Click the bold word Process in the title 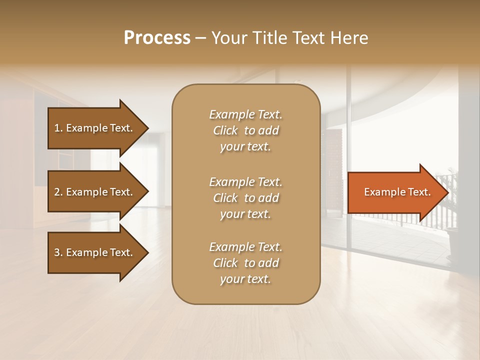click(x=157, y=38)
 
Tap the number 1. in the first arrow click(x=58, y=128)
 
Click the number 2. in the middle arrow click(x=58, y=192)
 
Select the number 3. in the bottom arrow click(x=58, y=252)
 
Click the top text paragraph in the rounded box click(x=245, y=130)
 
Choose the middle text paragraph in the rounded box click(x=245, y=198)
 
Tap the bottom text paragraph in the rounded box click(x=245, y=263)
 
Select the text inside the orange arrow click(x=397, y=192)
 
